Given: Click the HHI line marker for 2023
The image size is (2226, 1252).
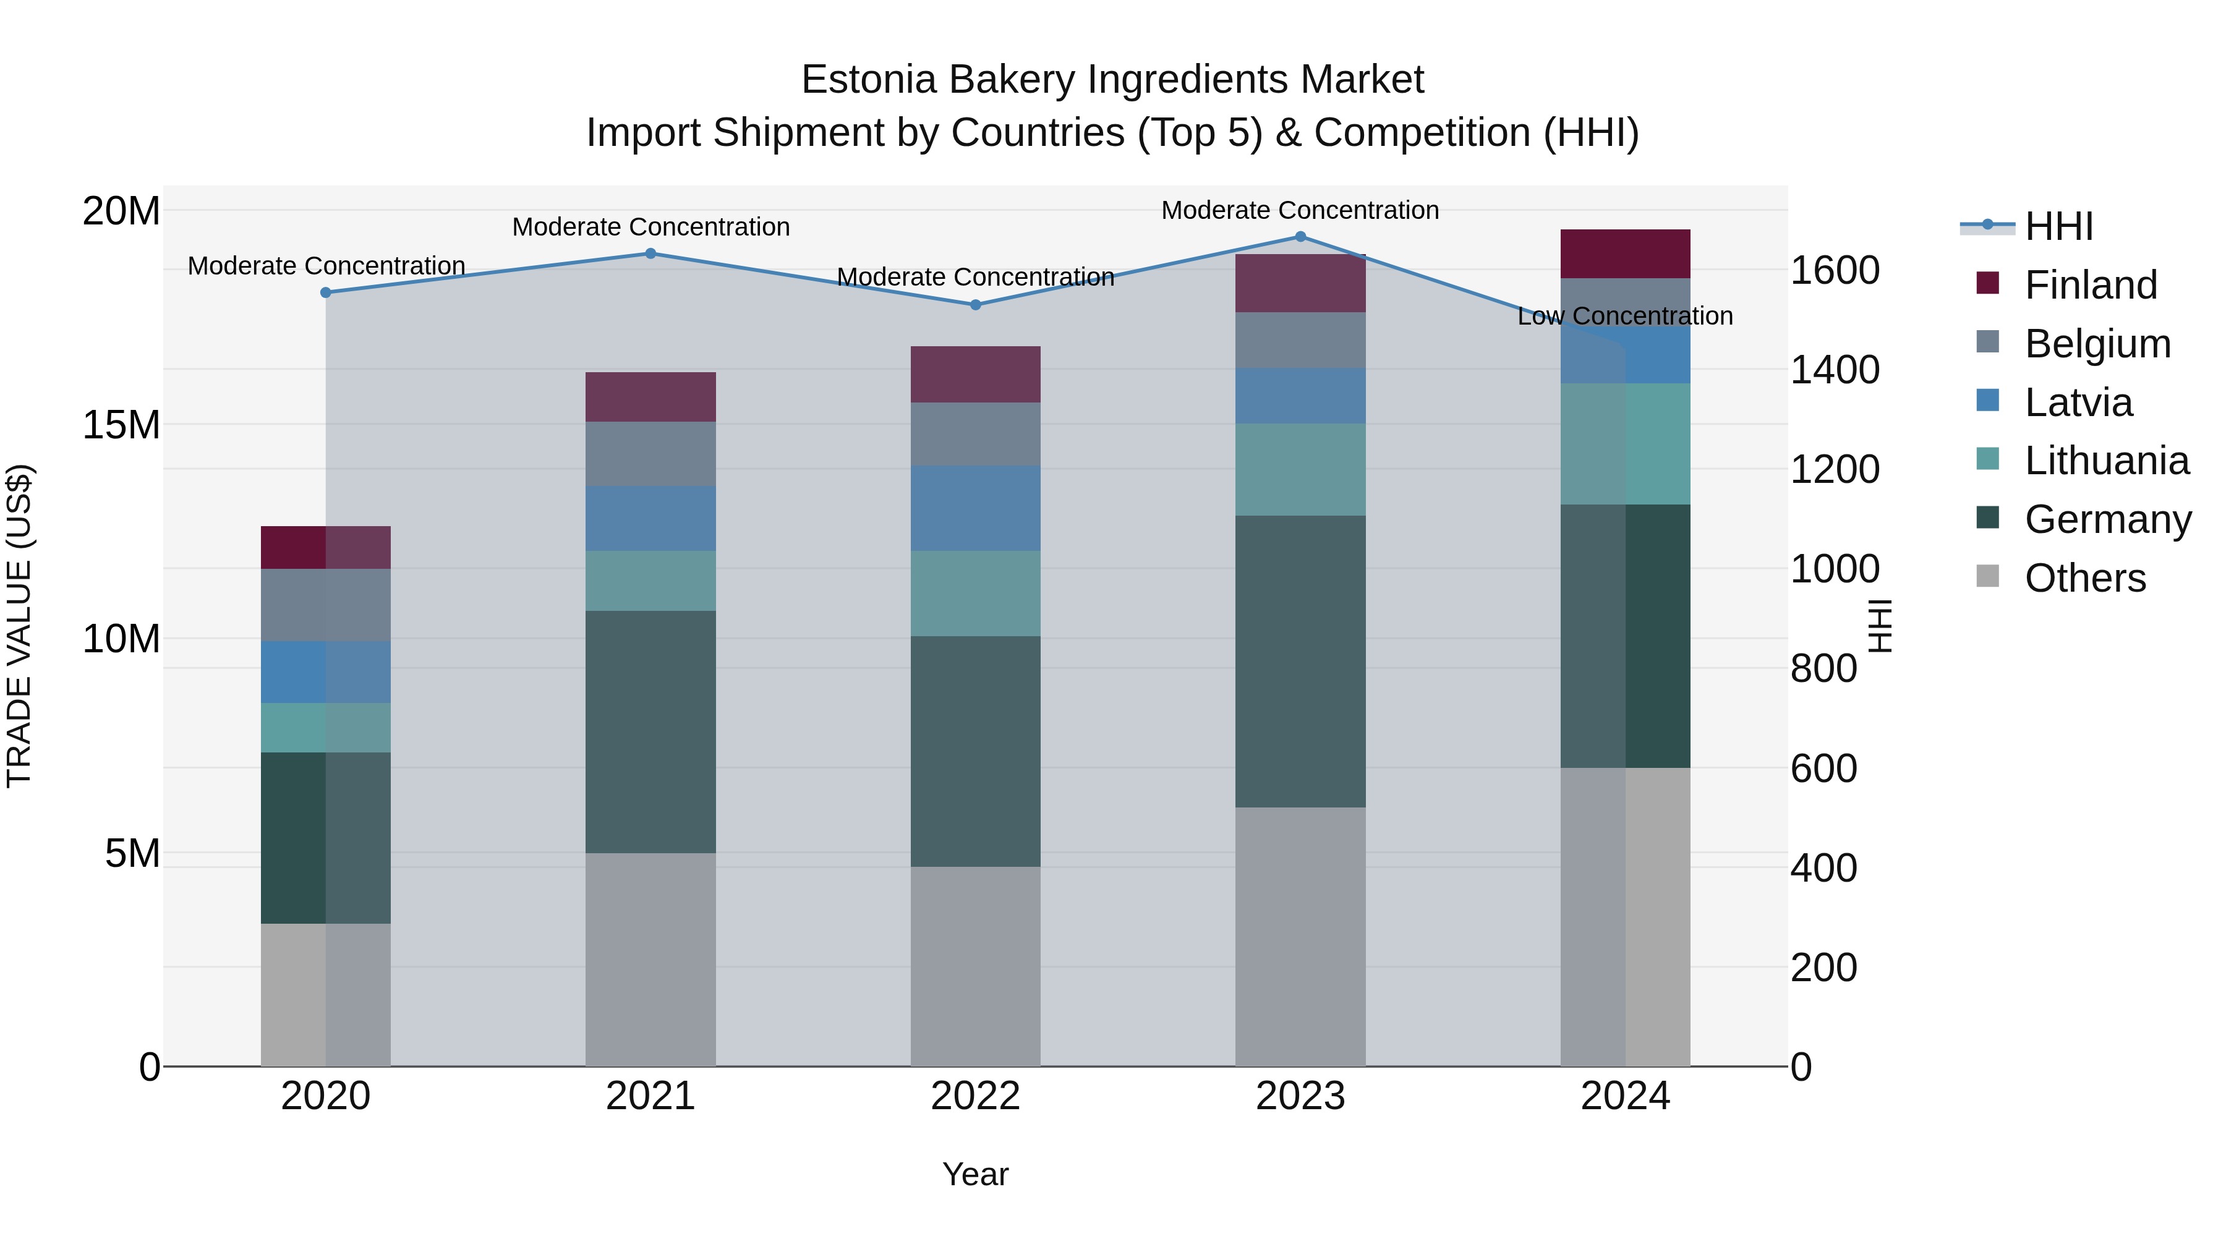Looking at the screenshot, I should pyautogui.click(x=1300, y=237).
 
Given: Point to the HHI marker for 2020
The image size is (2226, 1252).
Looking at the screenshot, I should pyautogui.click(x=326, y=293).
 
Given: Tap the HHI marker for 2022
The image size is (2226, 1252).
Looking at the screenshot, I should pyautogui.click(x=976, y=305).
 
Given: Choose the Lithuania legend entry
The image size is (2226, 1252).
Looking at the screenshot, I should pyautogui.click(x=2106, y=461).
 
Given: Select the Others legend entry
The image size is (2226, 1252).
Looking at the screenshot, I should pyautogui.click(x=2084, y=578).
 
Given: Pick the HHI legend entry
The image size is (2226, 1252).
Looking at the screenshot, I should pyautogui.click(x=2058, y=226).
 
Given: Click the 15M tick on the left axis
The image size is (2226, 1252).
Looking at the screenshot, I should pyautogui.click(x=121, y=425).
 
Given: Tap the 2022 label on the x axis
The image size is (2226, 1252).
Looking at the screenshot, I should pyautogui.click(x=976, y=1096).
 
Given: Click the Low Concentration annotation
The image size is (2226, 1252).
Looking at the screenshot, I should pyautogui.click(x=1624, y=316).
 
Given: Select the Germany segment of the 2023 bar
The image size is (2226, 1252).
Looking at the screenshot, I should pyautogui.click(x=1300, y=661).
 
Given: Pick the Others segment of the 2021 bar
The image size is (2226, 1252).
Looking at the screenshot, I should pyautogui.click(x=650, y=959).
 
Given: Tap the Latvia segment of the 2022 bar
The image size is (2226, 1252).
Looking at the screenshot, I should pyautogui.click(x=976, y=508).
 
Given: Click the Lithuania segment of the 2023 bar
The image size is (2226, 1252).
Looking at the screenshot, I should pyautogui.click(x=1300, y=469).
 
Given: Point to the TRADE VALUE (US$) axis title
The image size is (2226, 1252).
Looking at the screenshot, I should pyautogui.click(x=19, y=626).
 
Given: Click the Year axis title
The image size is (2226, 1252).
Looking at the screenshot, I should pyautogui.click(x=976, y=1174).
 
